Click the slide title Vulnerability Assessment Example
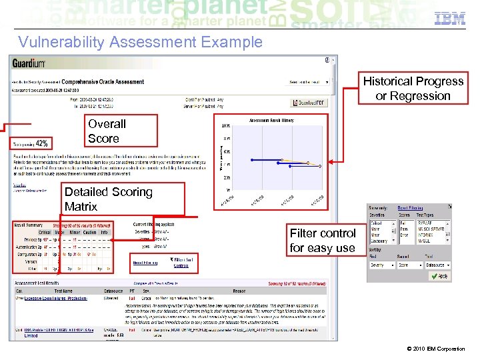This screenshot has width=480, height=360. pos(140,43)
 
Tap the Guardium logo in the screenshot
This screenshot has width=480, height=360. pos(29,63)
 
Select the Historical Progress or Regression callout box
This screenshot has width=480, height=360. pos(413,89)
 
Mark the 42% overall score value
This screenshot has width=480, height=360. pos(41,143)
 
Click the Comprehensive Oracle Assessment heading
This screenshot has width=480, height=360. pos(103,82)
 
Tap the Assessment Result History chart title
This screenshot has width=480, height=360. pos(273,120)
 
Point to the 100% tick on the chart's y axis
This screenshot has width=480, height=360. pos(226,126)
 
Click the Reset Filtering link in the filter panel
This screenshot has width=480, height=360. pos(410,208)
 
